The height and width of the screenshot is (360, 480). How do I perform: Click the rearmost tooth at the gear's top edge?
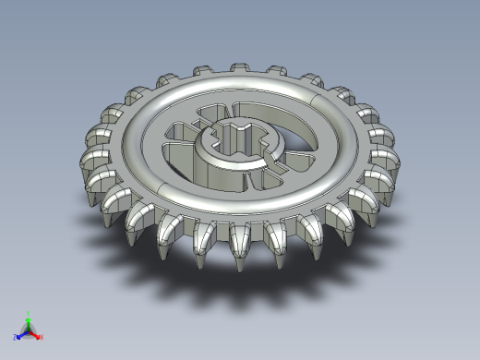click(x=238, y=69)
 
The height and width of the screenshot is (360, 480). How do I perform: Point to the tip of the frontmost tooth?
click(x=239, y=268)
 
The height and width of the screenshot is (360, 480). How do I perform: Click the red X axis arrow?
click(x=36, y=333)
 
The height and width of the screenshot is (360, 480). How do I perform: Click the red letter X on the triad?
click(x=42, y=337)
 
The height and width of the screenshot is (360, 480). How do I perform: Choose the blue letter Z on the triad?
click(x=16, y=337)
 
